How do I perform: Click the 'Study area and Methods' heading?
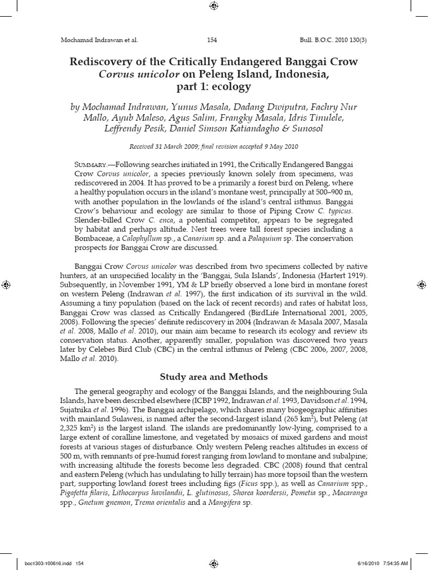(213, 376)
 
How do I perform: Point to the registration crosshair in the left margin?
(6, 284)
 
